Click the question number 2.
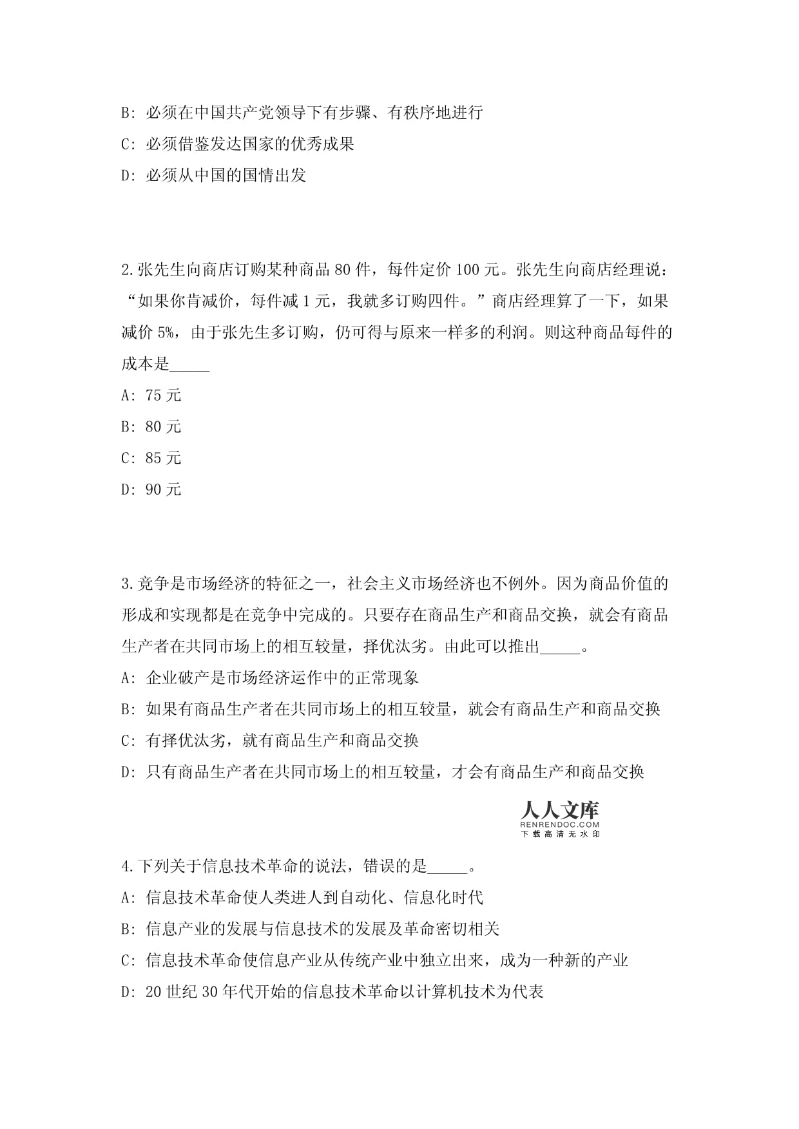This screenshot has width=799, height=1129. pos(126,270)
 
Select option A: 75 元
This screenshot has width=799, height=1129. pos(151,395)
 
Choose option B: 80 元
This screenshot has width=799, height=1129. pos(151,427)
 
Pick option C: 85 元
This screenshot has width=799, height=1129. pos(151,459)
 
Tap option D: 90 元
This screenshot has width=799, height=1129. pos(151,490)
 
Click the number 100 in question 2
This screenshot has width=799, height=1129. pos(467,270)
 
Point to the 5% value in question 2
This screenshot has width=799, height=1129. pos(165,333)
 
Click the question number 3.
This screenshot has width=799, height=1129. pos(126,584)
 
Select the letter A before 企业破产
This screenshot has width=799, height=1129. pos(126,678)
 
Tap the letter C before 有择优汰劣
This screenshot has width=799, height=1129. pos(126,741)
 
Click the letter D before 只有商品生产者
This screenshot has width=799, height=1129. pos(126,772)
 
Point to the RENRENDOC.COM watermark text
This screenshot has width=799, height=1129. pos(559,824)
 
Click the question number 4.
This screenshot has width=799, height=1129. pos(126,866)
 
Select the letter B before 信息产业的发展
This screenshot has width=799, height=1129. pos(126,929)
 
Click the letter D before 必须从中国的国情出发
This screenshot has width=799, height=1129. pos(126,176)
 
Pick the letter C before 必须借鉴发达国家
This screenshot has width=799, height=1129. pos(126,144)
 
